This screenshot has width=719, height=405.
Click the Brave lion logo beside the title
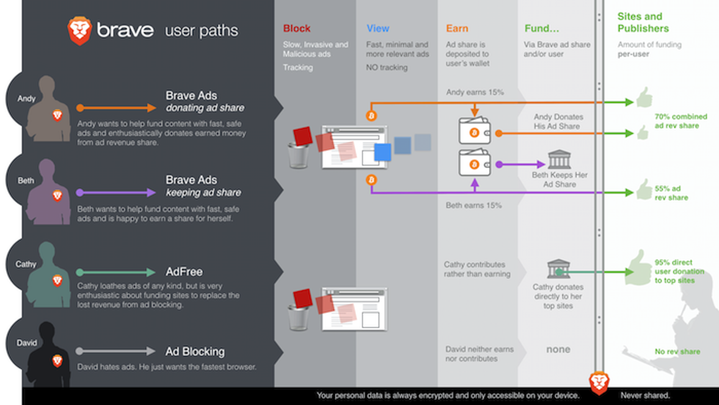(79, 31)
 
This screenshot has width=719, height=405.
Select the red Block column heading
(296, 29)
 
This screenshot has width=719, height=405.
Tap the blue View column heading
(378, 29)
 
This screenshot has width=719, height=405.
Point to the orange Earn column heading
(457, 29)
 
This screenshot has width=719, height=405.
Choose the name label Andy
(26, 98)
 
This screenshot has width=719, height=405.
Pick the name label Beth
(26, 180)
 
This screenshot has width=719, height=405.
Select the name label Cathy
(26, 264)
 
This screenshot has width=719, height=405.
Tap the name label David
(26, 343)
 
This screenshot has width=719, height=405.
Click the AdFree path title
(183, 271)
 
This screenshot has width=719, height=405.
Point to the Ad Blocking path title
(194, 351)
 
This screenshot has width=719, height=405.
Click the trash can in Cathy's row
(299, 316)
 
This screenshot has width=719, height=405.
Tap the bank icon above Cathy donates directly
(558, 269)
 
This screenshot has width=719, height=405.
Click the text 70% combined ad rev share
(681, 120)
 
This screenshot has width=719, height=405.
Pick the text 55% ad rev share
(671, 193)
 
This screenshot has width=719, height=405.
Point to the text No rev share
(677, 351)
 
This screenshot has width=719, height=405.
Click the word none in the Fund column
(558, 350)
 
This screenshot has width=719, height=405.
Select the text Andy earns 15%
(474, 92)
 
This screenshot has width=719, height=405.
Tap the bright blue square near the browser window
(382, 152)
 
